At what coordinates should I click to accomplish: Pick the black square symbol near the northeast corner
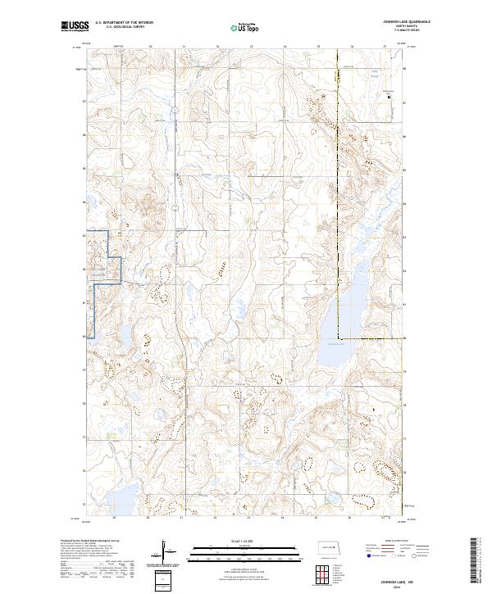point(388,97)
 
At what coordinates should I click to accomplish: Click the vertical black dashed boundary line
point(338,205)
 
